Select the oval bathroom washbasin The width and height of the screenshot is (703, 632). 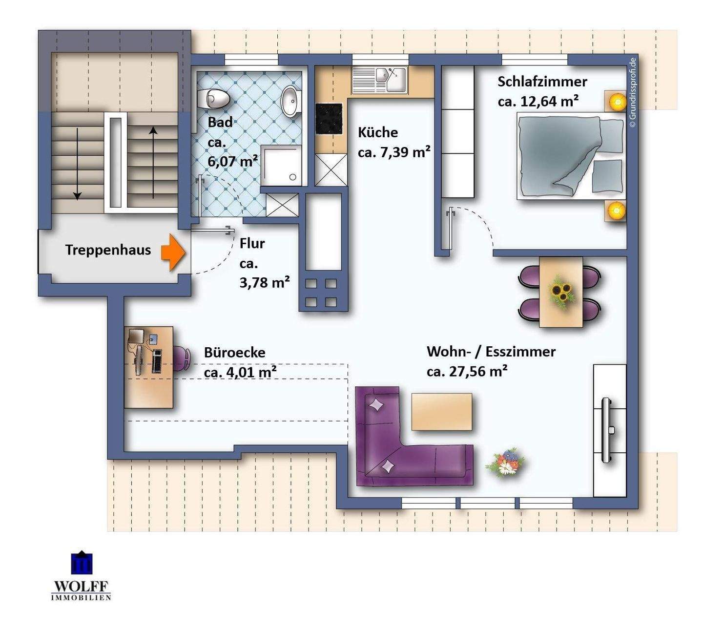pyautogui.click(x=291, y=101)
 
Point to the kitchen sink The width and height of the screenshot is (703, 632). pyautogui.click(x=380, y=80)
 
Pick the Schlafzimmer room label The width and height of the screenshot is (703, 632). pyautogui.click(x=542, y=82)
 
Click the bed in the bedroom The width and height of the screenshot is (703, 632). pyautogui.click(x=571, y=156)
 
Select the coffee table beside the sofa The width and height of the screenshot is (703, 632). pyautogui.click(x=442, y=412)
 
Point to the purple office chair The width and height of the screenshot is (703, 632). pyautogui.click(x=182, y=358)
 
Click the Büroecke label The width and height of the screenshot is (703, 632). pyautogui.click(x=234, y=353)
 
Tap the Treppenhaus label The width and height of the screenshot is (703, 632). pyautogui.click(x=108, y=250)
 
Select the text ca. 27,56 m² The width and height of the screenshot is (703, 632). pyautogui.click(x=467, y=372)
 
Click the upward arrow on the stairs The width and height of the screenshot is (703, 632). pyautogui.click(x=153, y=163)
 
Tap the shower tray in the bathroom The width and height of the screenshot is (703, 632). pyautogui.click(x=281, y=166)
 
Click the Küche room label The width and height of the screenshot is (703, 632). pyautogui.click(x=377, y=132)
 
